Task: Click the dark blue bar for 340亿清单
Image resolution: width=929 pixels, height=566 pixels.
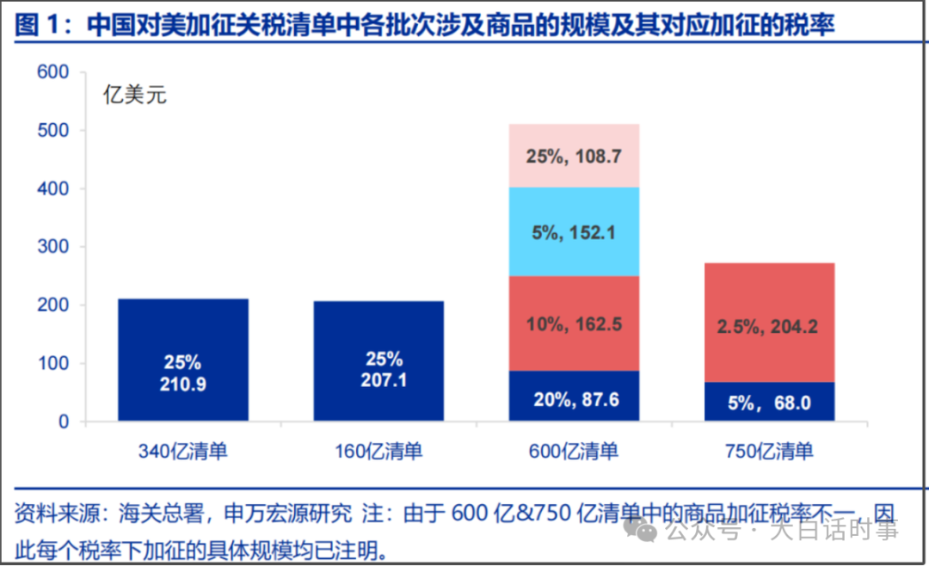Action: coord(182,327)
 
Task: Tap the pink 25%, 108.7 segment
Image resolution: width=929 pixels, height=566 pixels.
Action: coord(574,156)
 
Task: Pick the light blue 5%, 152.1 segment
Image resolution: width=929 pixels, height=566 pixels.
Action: coord(574,232)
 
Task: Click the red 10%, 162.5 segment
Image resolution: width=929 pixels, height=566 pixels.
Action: coord(574,323)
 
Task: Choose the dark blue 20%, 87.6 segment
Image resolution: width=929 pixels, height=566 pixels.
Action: coord(574,397)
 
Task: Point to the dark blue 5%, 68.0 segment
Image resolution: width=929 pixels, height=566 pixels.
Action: coord(769,402)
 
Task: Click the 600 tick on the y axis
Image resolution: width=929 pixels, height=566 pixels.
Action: coord(52,73)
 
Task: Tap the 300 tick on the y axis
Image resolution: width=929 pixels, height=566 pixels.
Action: coord(52,248)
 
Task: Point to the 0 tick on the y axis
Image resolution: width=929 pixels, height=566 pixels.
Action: coord(63,422)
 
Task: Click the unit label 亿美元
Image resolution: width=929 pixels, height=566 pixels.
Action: coord(135,95)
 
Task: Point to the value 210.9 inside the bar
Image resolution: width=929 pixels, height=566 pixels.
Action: coord(182,385)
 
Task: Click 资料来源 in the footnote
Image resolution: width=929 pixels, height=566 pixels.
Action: coord(49,514)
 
